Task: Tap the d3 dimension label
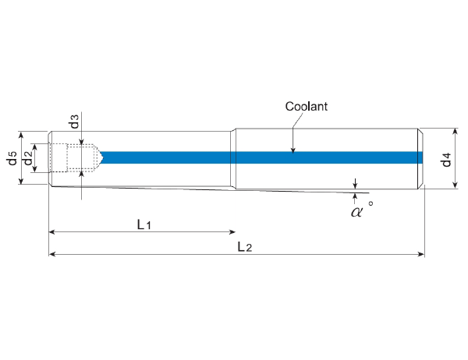point(73,122)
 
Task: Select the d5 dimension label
point(12,158)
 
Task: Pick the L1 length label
point(144,224)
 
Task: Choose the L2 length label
point(244,247)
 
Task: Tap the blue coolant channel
point(257,157)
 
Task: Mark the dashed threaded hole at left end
point(78,157)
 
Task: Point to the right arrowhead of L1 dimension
point(232,232)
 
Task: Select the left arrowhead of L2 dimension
point(52,254)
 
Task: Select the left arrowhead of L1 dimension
point(52,232)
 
